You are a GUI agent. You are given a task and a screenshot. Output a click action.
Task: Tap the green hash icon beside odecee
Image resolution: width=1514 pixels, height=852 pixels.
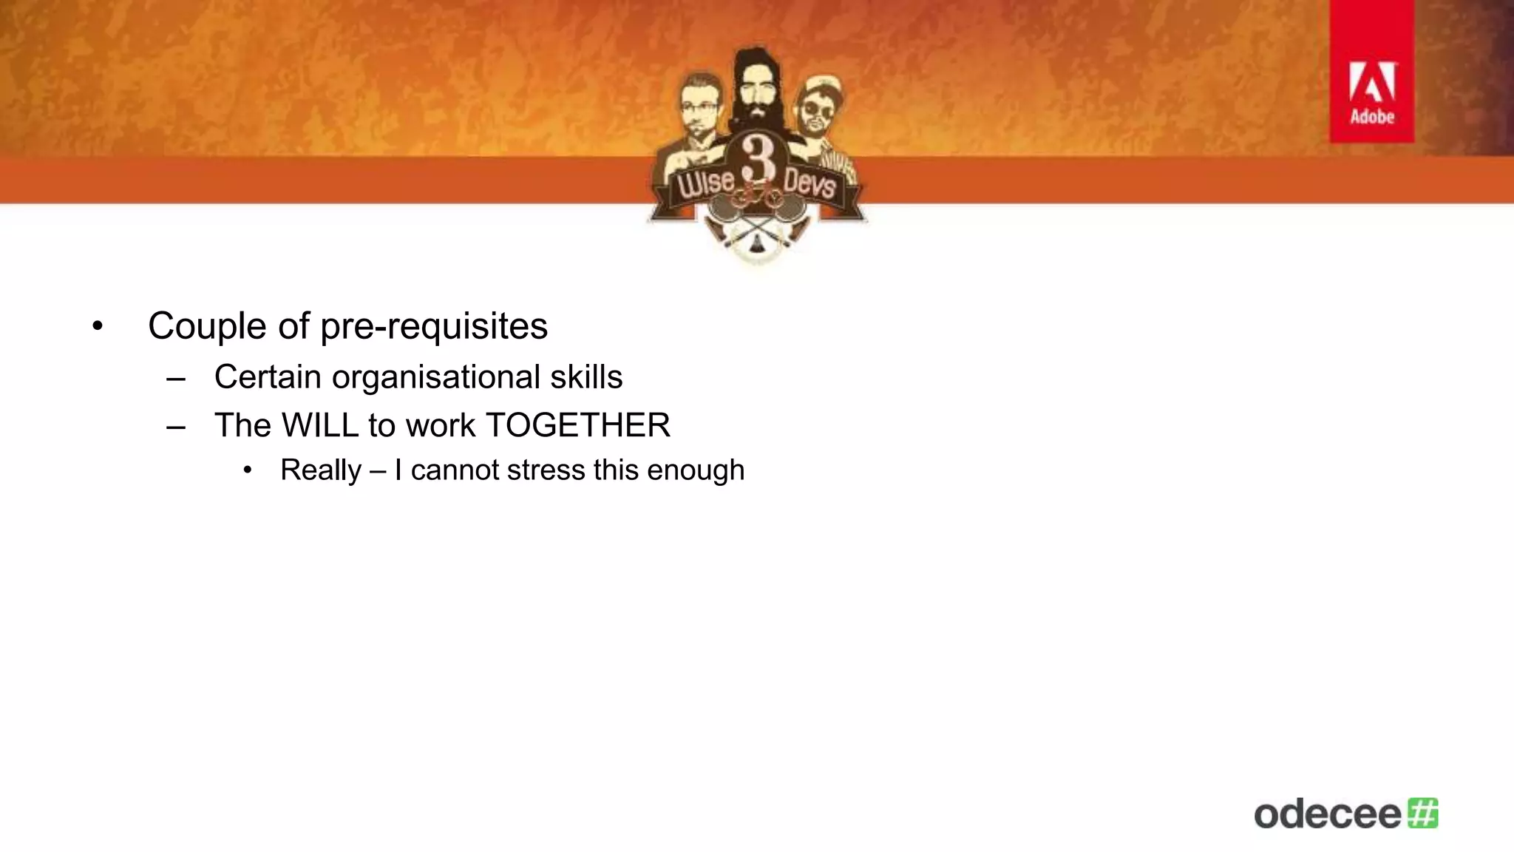coord(1423,813)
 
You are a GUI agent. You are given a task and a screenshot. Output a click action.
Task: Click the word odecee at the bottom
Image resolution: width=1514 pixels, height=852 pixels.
coord(1327,814)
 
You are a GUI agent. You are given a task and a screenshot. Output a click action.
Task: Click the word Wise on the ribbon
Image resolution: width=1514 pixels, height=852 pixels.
coord(706,183)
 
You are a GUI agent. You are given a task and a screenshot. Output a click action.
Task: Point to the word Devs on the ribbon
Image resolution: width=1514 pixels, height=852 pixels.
coord(809,183)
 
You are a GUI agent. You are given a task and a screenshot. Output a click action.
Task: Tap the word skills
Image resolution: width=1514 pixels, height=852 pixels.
coord(586,377)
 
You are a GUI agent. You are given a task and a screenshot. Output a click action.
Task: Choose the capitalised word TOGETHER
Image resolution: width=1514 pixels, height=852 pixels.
coord(578,425)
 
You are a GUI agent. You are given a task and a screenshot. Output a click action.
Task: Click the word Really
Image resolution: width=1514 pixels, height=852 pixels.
coord(321,470)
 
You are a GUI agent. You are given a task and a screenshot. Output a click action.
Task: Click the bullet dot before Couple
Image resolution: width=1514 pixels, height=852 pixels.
coord(98,326)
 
